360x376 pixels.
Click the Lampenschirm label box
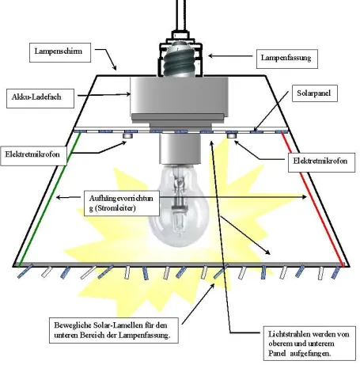(60, 52)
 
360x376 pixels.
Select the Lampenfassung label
(287, 59)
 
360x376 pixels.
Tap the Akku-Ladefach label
(40, 98)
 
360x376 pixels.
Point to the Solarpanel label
(315, 93)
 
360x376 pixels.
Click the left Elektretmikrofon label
(33, 156)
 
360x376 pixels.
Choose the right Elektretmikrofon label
(321, 162)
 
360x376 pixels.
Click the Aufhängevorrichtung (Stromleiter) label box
(122, 203)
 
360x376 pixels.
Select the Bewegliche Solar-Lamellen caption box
(114, 330)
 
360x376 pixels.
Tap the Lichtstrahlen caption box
(309, 344)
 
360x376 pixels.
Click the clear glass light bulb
(179, 206)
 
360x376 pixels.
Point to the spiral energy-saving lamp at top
(180, 59)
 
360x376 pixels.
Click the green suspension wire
(49, 199)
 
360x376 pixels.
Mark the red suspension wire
(313, 199)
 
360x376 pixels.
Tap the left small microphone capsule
(128, 135)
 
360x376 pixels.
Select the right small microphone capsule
(231, 135)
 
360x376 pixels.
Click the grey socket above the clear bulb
(180, 148)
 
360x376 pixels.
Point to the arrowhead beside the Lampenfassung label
(210, 55)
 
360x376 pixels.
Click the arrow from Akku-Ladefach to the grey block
(104, 95)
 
